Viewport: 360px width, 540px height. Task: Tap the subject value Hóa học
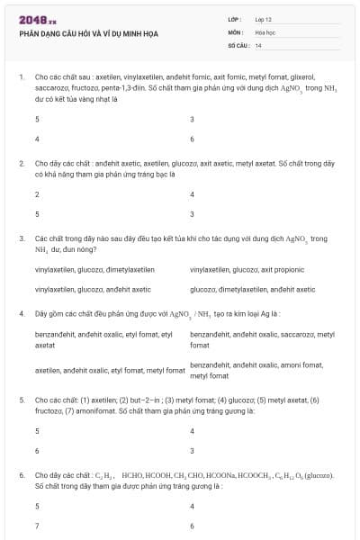(265, 32)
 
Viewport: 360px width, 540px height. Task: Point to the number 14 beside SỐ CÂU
(258, 45)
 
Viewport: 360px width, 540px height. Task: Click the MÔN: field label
(235, 32)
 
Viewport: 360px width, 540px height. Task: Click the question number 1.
(21, 78)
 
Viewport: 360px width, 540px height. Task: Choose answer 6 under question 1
(193, 139)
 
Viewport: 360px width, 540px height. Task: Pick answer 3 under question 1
(193, 120)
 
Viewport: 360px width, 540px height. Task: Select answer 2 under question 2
(37, 194)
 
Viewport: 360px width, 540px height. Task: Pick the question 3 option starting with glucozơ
(252, 290)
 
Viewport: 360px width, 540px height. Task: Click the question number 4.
(21, 314)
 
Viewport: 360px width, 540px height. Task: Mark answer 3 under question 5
(193, 450)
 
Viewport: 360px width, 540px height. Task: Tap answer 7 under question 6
(37, 525)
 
